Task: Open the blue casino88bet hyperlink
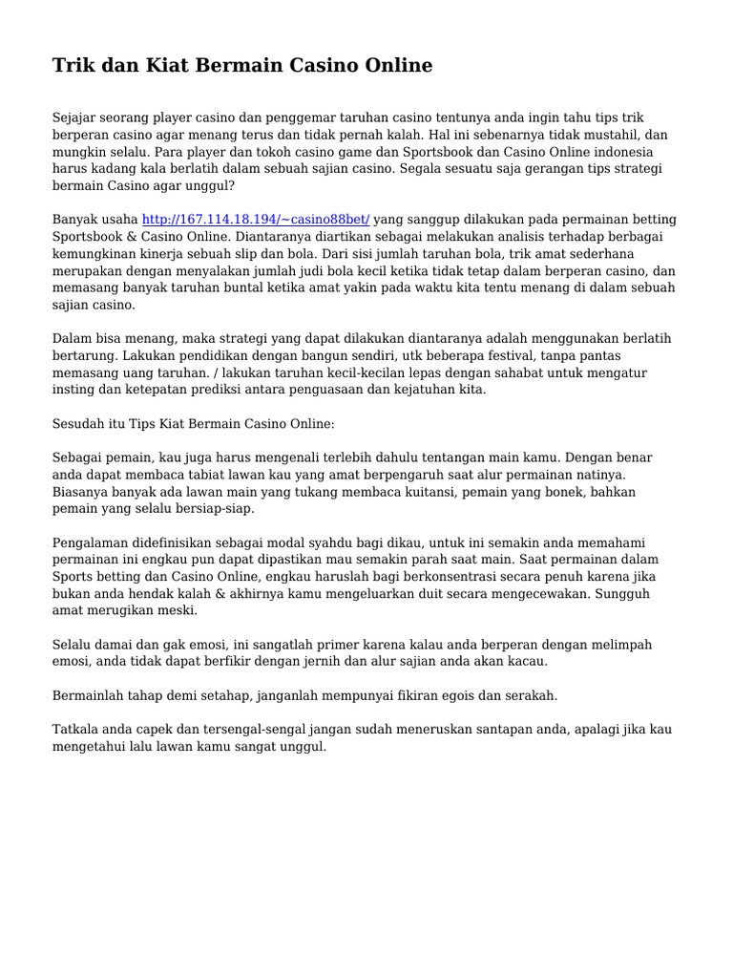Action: (x=256, y=220)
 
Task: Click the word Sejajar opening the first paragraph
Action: (x=75, y=117)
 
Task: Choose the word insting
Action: (x=73, y=391)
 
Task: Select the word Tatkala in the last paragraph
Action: (x=75, y=730)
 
